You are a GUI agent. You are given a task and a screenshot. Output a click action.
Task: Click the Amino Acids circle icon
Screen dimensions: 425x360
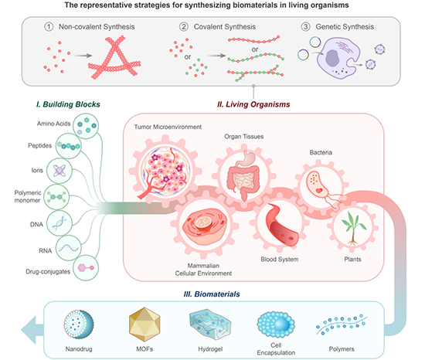pyautogui.click(x=86, y=126)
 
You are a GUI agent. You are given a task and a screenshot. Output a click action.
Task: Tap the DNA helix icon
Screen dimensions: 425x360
pyautogui.click(x=59, y=223)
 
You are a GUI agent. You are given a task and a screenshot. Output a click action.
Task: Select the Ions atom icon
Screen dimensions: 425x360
pyautogui.click(x=59, y=171)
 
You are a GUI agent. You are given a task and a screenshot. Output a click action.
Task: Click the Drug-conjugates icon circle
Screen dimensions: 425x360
pyautogui.click(x=86, y=267)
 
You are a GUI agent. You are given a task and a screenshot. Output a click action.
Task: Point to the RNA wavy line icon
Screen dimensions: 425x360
pyautogui.click(x=69, y=248)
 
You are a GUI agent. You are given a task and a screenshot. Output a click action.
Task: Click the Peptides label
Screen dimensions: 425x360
pyautogui.click(x=40, y=145)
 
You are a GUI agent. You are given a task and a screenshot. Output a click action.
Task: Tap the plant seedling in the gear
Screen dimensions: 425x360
pyautogui.click(x=353, y=228)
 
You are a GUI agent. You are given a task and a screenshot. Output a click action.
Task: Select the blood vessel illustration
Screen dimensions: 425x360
pyautogui.click(x=282, y=224)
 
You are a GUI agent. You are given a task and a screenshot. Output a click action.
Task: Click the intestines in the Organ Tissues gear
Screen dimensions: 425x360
pyautogui.click(x=244, y=176)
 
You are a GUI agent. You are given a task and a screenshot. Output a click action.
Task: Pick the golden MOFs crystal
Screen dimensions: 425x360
pyautogui.click(x=144, y=324)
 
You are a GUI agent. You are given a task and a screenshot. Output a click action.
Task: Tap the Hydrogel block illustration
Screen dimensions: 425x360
pyautogui.click(x=210, y=324)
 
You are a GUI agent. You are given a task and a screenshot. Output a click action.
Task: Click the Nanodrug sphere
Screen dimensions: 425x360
pyautogui.click(x=79, y=324)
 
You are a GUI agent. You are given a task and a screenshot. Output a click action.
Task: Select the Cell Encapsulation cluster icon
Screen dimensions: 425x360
pyautogui.click(x=276, y=324)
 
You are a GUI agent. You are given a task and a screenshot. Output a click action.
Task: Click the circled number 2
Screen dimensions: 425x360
pyautogui.click(x=183, y=26)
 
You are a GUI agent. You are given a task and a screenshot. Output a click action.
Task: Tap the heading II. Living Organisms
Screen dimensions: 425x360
pyautogui.click(x=253, y=104)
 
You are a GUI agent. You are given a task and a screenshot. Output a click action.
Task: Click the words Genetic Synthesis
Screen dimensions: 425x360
pyautogui.click(x=345, y=26)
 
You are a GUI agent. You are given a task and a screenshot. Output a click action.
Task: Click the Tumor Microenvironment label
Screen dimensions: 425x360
pyautogui.click(x=168, y=127)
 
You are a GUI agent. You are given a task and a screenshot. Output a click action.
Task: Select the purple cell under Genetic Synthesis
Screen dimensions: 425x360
pyautogui.click(x=338, y=58)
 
